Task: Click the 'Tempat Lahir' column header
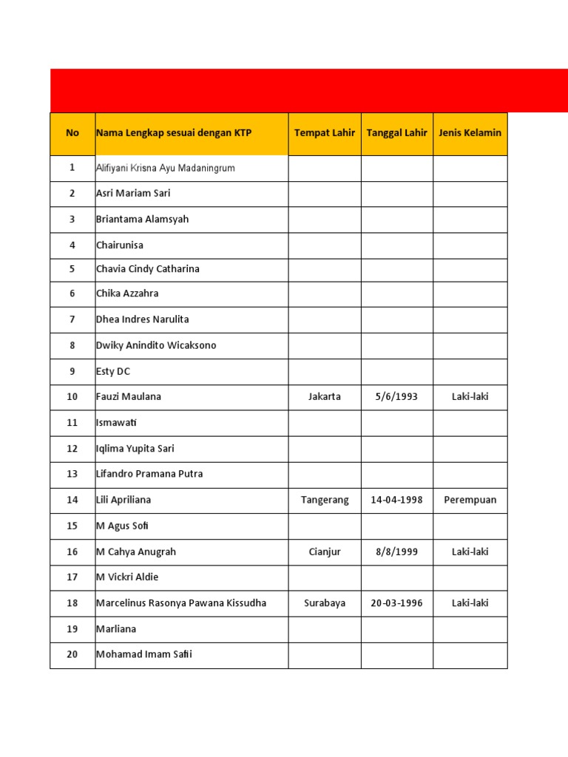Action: [x=325, y=133]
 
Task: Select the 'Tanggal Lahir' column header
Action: [x=396, y=133]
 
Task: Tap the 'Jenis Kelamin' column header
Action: [x=470, y=133]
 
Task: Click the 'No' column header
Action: [x=72, y=133]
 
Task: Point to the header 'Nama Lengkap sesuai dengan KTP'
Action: [x=174, y=133]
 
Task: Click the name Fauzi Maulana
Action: [x=129, y=397]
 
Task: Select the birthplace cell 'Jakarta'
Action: [x=325, y=397]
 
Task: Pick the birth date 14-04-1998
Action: [x=396, y=500]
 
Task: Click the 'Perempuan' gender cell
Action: [x=470, y=500]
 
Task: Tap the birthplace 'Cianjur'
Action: [x=325, y=552]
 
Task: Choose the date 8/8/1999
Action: [x=396, y=552]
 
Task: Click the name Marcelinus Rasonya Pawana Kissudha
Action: [x=181, y=603]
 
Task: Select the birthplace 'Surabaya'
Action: [x=325, y=603]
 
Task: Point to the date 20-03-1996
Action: [x=396, y=603]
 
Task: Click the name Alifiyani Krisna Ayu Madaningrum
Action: [x=166, y=169]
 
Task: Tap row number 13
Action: [x=72, y=474]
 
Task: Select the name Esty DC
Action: [x=113, y=372]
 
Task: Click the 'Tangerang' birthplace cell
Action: [x=325, y=500]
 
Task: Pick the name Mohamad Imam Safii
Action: [x=144, y=654]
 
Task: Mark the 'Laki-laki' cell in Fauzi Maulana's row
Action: [x=470, y=397]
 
